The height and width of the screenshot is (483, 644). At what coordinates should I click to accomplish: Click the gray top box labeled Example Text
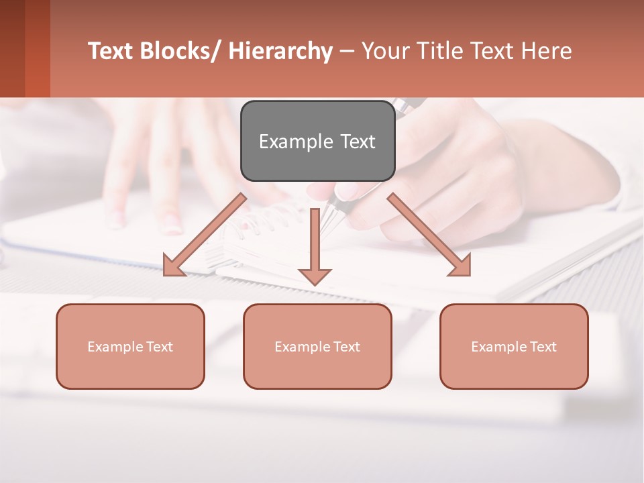(x=317, y=141)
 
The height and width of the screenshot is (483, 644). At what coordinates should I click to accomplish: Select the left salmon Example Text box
(x=130, y=346)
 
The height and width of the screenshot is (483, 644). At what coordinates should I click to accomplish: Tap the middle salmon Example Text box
(x=317, y=346)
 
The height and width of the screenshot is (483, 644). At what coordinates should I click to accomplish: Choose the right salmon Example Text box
(x=514, y=346)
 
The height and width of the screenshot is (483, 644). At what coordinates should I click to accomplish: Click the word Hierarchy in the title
(x=280, y=51)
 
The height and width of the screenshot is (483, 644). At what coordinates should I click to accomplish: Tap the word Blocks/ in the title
(x=182, y=51)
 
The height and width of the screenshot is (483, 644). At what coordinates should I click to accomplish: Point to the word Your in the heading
(x=386, y=51)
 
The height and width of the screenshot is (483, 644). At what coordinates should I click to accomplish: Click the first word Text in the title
(x=111, y=51)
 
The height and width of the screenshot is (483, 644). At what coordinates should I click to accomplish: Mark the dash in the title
(x=347, y=51)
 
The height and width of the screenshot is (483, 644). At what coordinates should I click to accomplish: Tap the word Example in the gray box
(x=296, y=142)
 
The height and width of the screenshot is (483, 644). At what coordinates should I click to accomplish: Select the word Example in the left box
(x=111, y=346)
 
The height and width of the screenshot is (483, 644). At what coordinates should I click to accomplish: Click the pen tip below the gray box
(x=329, y=221)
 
